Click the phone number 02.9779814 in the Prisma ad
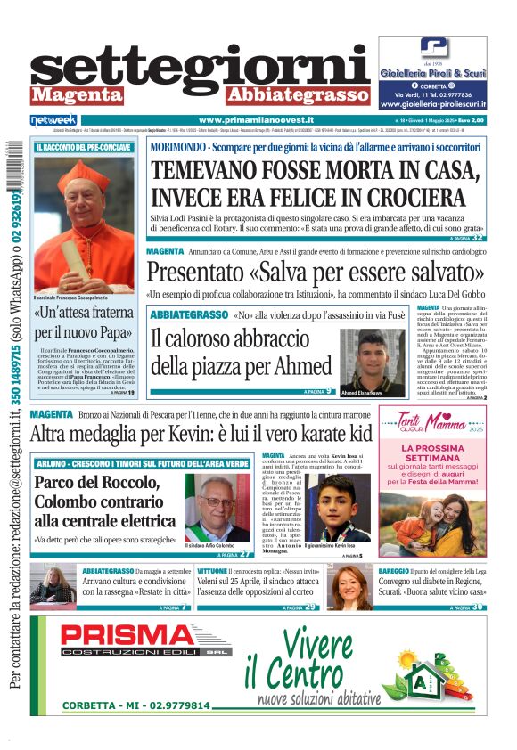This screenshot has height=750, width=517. [175, 706]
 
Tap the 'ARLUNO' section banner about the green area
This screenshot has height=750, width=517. [141, 464]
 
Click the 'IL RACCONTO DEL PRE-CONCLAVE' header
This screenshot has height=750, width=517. [84, 147]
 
